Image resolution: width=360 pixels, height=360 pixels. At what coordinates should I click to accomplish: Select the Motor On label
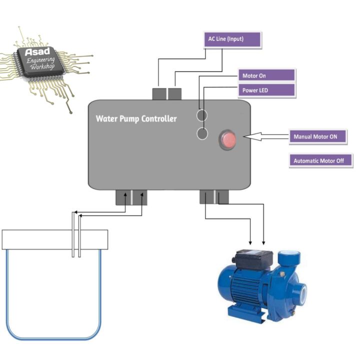265,76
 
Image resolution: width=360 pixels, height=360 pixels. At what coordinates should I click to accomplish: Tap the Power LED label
265,91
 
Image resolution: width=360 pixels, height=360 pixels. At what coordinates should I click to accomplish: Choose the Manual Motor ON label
318,137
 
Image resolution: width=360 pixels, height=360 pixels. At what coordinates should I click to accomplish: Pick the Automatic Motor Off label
321,161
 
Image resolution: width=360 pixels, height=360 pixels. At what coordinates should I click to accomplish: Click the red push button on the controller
227,139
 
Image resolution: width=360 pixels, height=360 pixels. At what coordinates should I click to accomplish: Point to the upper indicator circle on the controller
202,115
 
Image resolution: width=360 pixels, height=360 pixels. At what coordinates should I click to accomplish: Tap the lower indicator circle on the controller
202,133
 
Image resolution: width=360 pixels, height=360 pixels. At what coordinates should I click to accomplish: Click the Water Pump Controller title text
136,119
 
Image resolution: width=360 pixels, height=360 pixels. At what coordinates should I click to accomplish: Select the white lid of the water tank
55,239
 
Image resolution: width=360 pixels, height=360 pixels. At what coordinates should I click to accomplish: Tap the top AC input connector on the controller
167,93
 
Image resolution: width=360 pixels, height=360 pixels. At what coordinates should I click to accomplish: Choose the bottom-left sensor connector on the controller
131,197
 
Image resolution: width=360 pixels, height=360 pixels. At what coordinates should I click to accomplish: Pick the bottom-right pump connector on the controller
214,197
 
